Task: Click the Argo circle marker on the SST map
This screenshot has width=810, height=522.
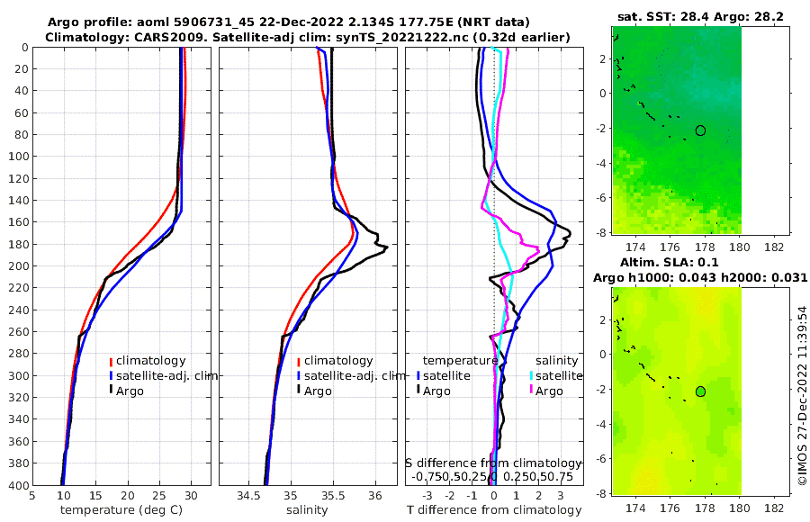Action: click(700, 130)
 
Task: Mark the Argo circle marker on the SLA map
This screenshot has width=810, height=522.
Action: click(700, 391)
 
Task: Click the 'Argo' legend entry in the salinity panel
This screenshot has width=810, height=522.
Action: click(317, 391)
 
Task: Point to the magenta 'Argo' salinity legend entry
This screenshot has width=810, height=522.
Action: click(549, 391)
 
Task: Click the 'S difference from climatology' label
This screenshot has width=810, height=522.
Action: click(493, 463)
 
